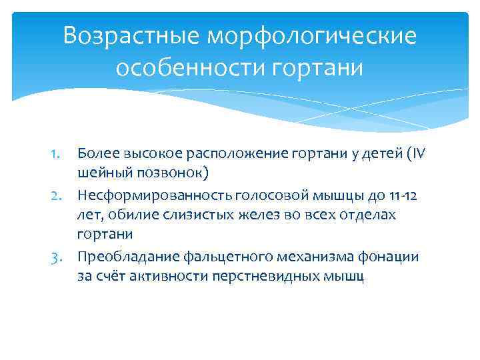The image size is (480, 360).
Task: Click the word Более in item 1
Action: pos(97,154)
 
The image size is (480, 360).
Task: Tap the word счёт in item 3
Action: pos(114,277)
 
